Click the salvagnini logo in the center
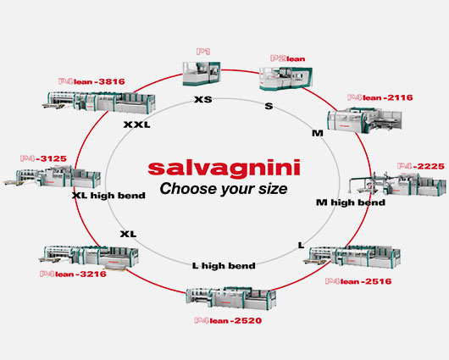click(x=224, y=168)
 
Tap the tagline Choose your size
click(x=224, y=189)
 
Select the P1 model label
click(x=203, y=52)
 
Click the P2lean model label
click(x=287, y=58)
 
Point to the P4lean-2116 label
click(x=380, y=97)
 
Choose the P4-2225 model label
click(x=421, y=166)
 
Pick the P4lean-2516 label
click(x=358, y=281)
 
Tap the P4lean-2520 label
click(x=228, y=320)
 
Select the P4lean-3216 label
click(x=73, y=274)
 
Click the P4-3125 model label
click(x=43, y=158)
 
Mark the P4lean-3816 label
click(x=91, y=81)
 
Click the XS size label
click(x=203, y=100)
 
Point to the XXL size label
click(x=137, y=125)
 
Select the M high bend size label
click(x=351, y=202)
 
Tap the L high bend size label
click(x=224, y=266)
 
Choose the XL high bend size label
click(x=108, y=196)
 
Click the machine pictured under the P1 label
click(x=202, y=74)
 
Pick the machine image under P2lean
click(x=285, y=79)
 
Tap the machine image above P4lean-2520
click(x=231, y=298)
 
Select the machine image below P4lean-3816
click(x=99, y=102)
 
